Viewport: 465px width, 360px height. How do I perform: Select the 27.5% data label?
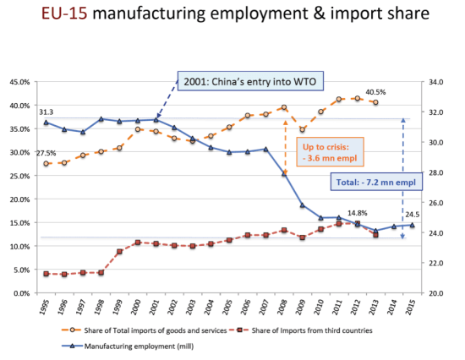pyautogui.click(x=46, y=153)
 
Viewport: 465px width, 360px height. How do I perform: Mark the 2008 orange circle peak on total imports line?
pyautogui.click(x=284, y=107)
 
